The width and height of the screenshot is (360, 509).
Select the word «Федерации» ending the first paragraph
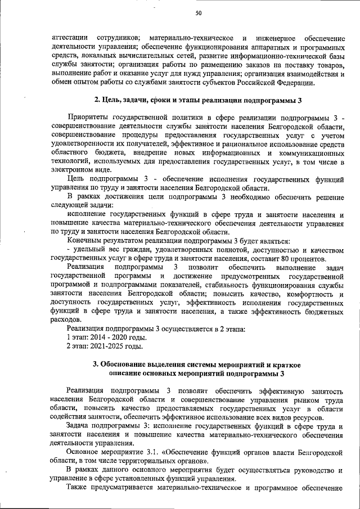[x=292, y=83]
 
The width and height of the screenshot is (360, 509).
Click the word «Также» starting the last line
[x=79, y=488]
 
